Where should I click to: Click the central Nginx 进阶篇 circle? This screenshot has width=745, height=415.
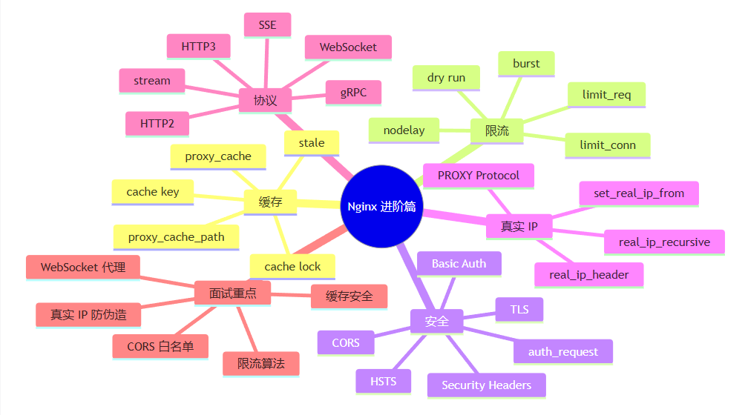pyautogui.click(x=381, y=206)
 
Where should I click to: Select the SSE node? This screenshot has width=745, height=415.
pyautogui.click(x=267, y=25)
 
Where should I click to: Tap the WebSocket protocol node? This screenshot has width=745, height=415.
pyautogui.click(x=348, y=47)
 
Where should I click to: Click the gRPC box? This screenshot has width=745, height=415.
pyautogui.click(x=353, y=93)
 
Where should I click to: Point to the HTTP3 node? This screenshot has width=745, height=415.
pyautogui.click(x=199, y=47)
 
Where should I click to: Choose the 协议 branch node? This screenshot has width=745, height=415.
pyautogui.click(x=265, y=101)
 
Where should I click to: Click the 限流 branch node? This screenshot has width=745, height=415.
pyautogui.click(x=497, y=131)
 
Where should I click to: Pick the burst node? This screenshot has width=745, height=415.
pyautogui.click(x=526, y=64)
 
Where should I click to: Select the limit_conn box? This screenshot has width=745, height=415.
pyautogui.click(x=608, y=145)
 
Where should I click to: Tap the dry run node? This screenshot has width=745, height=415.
pyautogui.click(x=446, y=78)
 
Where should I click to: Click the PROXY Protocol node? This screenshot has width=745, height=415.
pyautogui.click(x=479, y=176)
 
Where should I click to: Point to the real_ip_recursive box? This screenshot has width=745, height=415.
pyautogui.click(x=664, y=242)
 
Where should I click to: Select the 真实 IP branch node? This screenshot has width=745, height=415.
pyautogui.click(x=519, y=227)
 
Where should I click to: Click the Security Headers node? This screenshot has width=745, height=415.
pyautogui.click(x=487, y=385)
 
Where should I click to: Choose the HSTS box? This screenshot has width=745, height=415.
pyautogui.click(x=384, y=382)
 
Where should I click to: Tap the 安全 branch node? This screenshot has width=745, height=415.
pyautogui.click(x=436, y=322)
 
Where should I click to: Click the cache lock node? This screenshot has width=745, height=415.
pyautogui.click(x=292, y=267)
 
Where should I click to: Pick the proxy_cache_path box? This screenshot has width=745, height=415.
pyautogui.click(x=177, y=237)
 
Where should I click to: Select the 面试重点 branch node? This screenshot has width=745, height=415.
pyautogui.click(x=233, y=293)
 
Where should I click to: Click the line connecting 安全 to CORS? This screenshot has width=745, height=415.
pyautogui.click(x=393, y=332)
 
